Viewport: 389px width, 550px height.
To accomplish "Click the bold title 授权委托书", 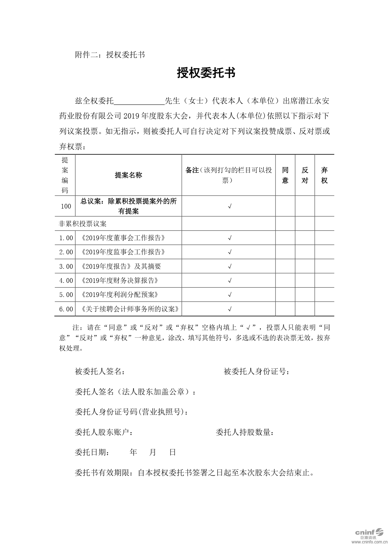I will coord(206,73).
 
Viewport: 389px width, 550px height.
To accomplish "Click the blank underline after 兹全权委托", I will coord(139,101).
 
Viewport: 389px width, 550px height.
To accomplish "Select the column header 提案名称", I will coord(129,175).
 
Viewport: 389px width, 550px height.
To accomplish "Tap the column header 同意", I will coord(285,175).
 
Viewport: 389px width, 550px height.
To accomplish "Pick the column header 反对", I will coord(305,175).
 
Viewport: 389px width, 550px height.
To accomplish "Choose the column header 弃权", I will coord(324,175).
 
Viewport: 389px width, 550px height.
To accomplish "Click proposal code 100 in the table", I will coord(66,206).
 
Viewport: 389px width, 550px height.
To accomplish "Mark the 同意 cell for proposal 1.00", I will coord(285,238).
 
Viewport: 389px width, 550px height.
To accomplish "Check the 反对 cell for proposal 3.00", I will coord(305,266).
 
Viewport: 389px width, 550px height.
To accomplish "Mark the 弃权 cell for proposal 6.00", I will coord(324,309).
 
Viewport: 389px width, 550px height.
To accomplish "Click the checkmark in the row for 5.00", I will coord(229,295).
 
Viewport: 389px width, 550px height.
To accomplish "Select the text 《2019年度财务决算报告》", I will coord(119,280).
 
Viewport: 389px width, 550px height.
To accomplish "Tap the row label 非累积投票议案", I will coord(83,224).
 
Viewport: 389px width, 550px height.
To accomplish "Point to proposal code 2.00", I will coord(66,252).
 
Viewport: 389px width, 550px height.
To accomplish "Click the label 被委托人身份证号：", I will coord(256,372).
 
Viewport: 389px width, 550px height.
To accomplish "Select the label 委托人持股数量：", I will coord(245,432).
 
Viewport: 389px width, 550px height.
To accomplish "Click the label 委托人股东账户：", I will coord(104,432).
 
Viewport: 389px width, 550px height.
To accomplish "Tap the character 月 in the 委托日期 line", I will coord(153,452).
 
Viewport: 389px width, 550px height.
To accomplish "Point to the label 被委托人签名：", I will coord(100,372).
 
